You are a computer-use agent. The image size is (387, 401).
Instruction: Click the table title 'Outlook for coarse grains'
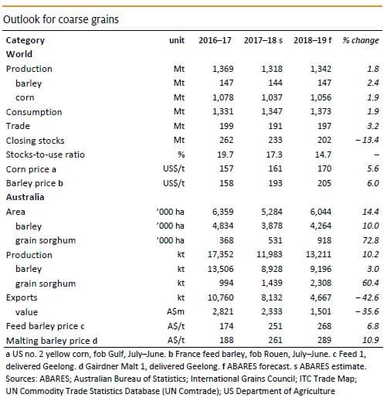point(61,19)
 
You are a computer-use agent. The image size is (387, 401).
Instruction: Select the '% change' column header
point(361,40)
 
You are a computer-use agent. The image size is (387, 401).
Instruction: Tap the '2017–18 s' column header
point(263,40)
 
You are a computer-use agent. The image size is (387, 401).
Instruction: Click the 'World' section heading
point(19,54)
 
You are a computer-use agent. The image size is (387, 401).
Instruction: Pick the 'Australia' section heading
point(25,197)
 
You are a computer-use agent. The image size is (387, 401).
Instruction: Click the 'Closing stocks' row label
point(35,141)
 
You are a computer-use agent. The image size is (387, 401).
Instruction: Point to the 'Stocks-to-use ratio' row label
point(45,155)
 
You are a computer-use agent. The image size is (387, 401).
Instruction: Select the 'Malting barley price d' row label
point(52,341)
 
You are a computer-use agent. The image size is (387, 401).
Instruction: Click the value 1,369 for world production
point(222,69)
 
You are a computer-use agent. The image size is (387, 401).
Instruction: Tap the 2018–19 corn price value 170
point(324,168)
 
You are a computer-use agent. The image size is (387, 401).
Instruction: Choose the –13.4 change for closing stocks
point(367,140)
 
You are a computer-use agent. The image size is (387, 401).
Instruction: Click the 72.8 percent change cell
point(370,240)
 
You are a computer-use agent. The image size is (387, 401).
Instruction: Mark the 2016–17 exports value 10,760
point(220,297)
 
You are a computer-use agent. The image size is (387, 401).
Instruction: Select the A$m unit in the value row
point(175,311)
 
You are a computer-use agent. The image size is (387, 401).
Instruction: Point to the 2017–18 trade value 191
point(275,126)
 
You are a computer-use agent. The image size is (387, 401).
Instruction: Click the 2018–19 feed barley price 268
point(324,326)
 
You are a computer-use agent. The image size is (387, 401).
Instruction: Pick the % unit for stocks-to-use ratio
point(181,155)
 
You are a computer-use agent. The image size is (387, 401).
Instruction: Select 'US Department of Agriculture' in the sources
point(279,391)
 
